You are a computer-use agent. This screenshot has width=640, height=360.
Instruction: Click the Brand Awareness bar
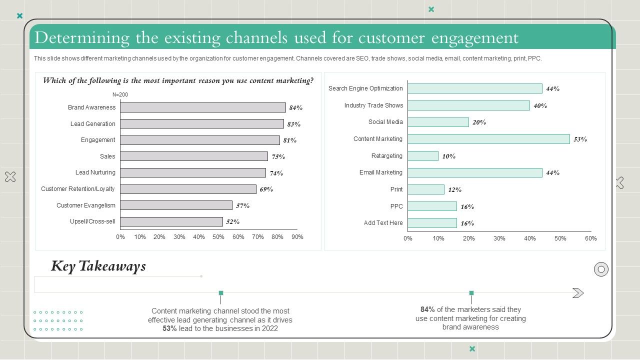[202, 107]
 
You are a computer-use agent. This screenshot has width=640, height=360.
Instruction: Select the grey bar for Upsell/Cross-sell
[171, 221]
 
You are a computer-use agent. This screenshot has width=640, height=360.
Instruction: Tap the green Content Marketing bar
[488, 139]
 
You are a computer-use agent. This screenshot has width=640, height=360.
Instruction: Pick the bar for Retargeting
[423, 156]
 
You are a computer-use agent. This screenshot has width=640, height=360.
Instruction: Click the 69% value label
[266, 189]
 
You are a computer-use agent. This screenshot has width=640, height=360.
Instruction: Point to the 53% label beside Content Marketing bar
[580, 139]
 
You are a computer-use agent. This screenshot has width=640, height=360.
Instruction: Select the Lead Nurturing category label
[95, 172]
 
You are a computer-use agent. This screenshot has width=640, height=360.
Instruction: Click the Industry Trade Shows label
[373, 105]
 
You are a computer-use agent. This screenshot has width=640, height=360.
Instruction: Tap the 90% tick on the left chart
[297, 237]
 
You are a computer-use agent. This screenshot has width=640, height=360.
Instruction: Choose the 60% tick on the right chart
[590, 238]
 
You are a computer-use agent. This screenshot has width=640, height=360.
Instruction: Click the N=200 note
[120, 94]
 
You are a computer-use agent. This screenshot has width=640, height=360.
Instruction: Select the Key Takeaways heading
[98, 266]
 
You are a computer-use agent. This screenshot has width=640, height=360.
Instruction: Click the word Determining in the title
[75, 38]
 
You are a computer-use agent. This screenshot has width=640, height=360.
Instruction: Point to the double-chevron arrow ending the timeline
[578, 293]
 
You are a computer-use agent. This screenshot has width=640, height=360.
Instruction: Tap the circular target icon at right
[601, 269]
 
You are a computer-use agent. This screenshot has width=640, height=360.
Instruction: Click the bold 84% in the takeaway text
[427, 309]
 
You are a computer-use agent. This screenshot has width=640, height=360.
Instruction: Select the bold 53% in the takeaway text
[169, 328]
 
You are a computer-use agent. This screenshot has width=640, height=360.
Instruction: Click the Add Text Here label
[383, 223]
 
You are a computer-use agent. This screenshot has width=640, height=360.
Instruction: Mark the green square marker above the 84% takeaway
[471, 293]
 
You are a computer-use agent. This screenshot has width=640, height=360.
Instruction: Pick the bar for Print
[426, 189]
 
